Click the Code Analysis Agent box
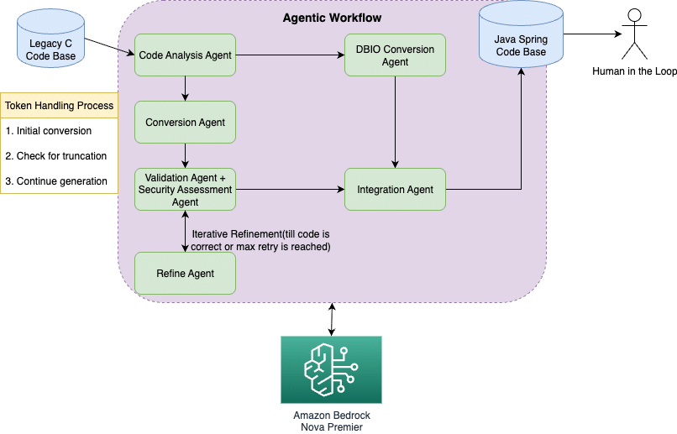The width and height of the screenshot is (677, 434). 185,55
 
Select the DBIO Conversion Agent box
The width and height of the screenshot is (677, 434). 395,55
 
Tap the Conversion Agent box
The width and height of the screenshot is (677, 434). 185,123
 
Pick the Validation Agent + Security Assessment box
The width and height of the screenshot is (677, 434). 185,190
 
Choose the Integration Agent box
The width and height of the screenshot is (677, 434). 395,190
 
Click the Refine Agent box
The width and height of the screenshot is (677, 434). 185,274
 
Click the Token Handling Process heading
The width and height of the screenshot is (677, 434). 60,106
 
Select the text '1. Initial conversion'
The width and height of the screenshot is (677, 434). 48,132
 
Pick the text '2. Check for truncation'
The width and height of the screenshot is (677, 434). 55,156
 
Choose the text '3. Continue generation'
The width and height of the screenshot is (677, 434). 56,181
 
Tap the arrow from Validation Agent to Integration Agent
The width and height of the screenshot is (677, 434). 289,190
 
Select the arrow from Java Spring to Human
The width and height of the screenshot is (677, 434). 592,34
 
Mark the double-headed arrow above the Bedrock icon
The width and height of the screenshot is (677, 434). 332,319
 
